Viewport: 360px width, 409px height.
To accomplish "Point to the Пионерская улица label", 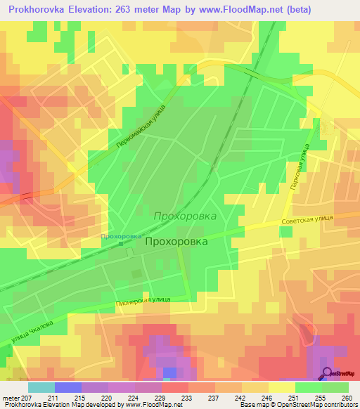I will click(x=144, y=299).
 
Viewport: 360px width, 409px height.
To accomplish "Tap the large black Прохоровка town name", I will click(x=177, y=240).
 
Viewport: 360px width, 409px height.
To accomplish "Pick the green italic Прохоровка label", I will click(x=185, y=216).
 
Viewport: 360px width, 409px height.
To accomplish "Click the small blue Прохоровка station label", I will click(x=121, y=236).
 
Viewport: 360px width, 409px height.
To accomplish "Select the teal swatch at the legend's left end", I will click(x=41, y=387).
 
